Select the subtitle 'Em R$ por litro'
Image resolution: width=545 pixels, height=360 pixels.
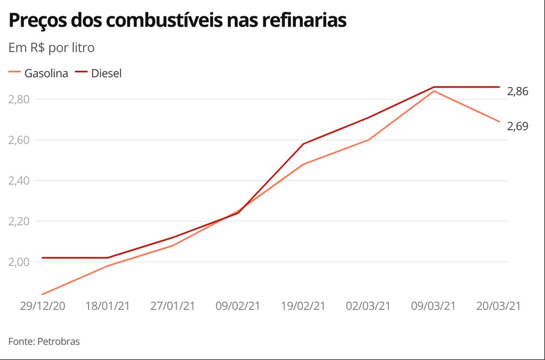tap(51, 48)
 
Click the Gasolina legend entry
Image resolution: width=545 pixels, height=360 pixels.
tap(38, 74)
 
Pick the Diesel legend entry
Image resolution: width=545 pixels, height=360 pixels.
tap(98, 74)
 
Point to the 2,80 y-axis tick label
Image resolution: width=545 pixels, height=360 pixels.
tap(19, 99)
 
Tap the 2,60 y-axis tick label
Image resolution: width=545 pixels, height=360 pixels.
tap(19, 140)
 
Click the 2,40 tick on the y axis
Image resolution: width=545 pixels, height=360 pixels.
tap(19, 181)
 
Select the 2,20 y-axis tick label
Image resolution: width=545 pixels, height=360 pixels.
tap(19, 221)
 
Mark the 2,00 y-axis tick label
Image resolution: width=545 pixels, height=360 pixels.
tap(19, 262)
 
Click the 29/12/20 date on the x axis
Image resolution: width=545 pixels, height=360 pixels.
tap(43, 306)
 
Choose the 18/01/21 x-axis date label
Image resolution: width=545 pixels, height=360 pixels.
tap(107, 306)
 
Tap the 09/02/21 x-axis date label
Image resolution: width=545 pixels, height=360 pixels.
tap(238, 306)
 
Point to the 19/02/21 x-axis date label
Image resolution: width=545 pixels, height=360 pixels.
tap(303, 306)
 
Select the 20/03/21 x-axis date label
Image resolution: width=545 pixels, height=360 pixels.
tap(499, 306)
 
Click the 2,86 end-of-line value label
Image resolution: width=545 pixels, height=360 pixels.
tap(517, 91)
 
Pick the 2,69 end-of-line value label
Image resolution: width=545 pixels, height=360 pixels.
tap(517, 126)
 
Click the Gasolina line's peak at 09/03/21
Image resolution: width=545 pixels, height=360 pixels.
tap(434, 91)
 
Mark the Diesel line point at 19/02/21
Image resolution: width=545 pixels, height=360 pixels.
tap(304, 144)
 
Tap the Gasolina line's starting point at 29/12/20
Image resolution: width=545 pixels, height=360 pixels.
tap(43, 294)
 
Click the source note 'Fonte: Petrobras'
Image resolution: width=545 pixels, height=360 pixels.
tap(44, 342)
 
